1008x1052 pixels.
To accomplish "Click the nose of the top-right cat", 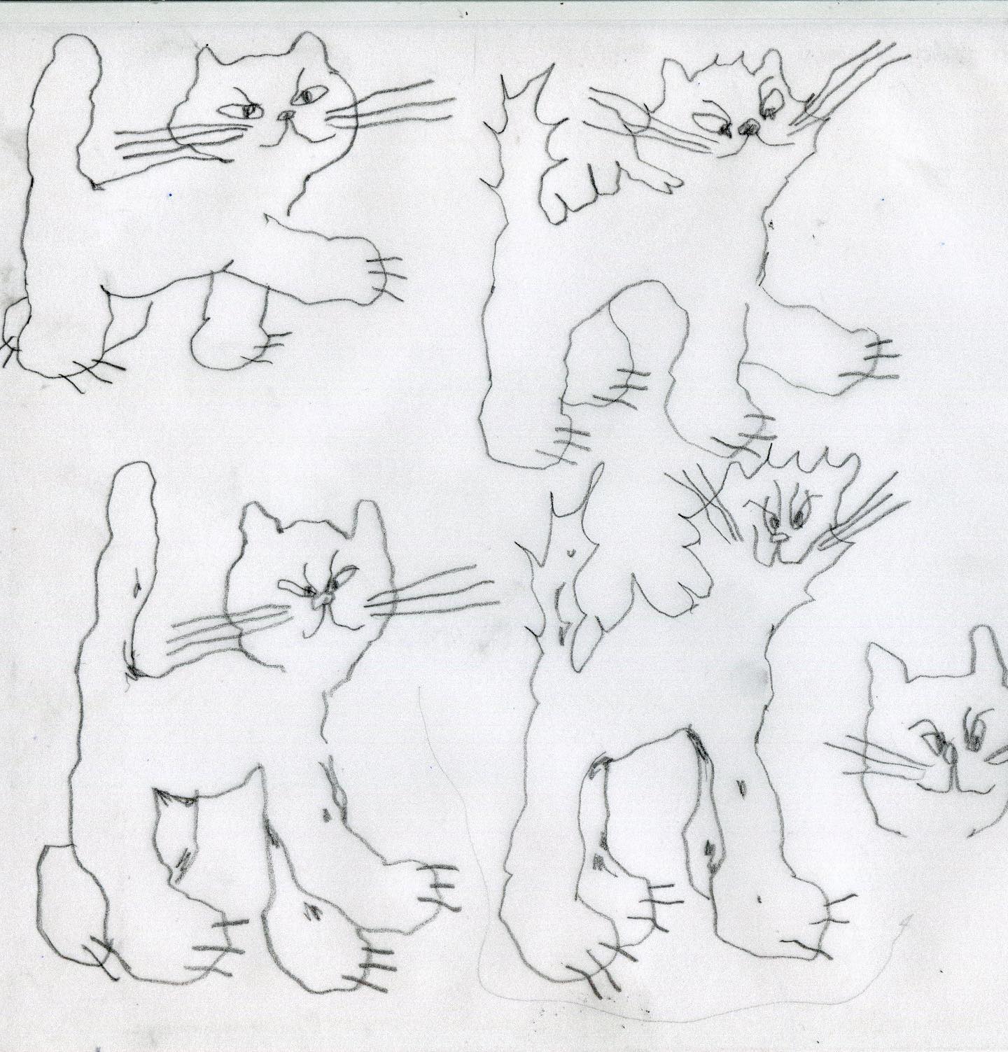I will [747, 127].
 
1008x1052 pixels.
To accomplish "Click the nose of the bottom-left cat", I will [323, 600].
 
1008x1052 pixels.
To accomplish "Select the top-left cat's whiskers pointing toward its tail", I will [168, 140].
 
